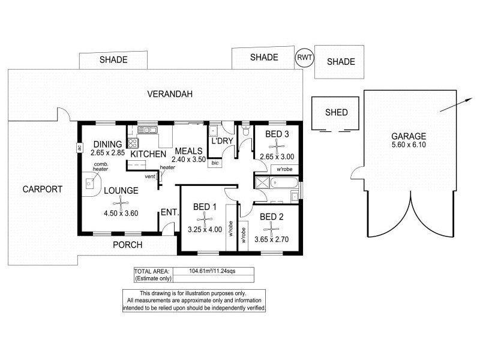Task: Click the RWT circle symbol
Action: click(304, 58)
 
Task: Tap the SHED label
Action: click(336, 112)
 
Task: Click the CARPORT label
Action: click(42, 189)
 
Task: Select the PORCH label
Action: click(127, 245)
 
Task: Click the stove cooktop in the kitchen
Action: click(133, 143)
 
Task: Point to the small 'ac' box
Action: click(79, 148)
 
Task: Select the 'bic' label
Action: click(215, 163)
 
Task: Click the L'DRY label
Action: click(221, 141)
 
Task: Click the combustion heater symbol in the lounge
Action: click(90, 183)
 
